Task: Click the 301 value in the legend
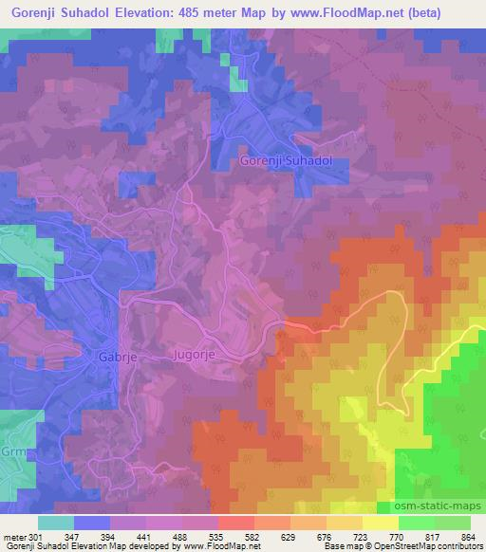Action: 35,537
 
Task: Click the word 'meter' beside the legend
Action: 14,537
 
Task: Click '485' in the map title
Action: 243,12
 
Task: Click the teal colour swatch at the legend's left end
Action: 56,523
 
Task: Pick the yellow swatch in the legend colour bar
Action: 380,523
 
